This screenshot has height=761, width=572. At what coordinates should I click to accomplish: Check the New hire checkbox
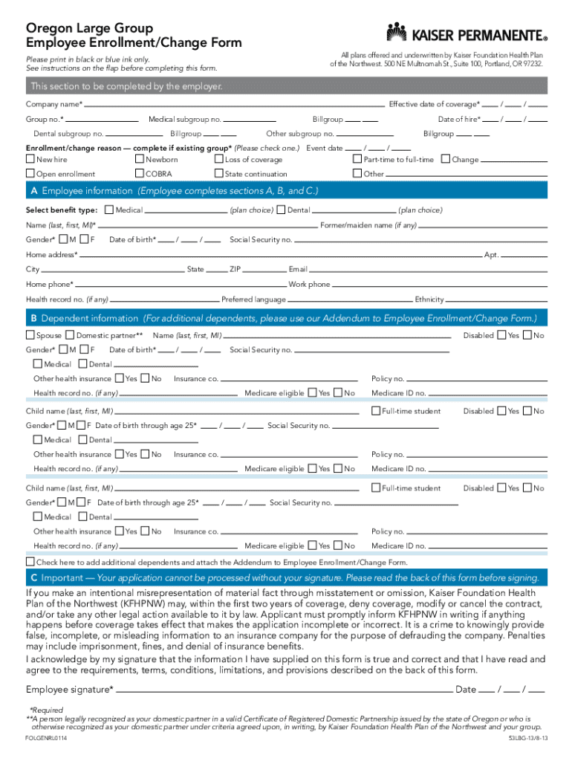coord(30,159)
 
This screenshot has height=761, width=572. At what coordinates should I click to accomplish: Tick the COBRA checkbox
coord(140,174)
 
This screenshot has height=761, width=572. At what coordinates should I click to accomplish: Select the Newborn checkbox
coord(140,159)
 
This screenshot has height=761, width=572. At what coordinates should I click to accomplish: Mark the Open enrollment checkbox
coord(30,174)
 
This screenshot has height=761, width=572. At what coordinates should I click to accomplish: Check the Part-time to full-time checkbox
coord(357,159)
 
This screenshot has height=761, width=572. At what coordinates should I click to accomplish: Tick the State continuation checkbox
coord(218,174)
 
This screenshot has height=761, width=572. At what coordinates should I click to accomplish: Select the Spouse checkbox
coord(30,335)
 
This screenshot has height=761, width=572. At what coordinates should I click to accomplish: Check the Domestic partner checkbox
coord(71,335)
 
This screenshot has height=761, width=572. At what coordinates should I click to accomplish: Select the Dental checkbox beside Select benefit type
coord(282,210)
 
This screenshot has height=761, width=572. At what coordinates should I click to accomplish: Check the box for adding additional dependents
coord(30,562)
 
